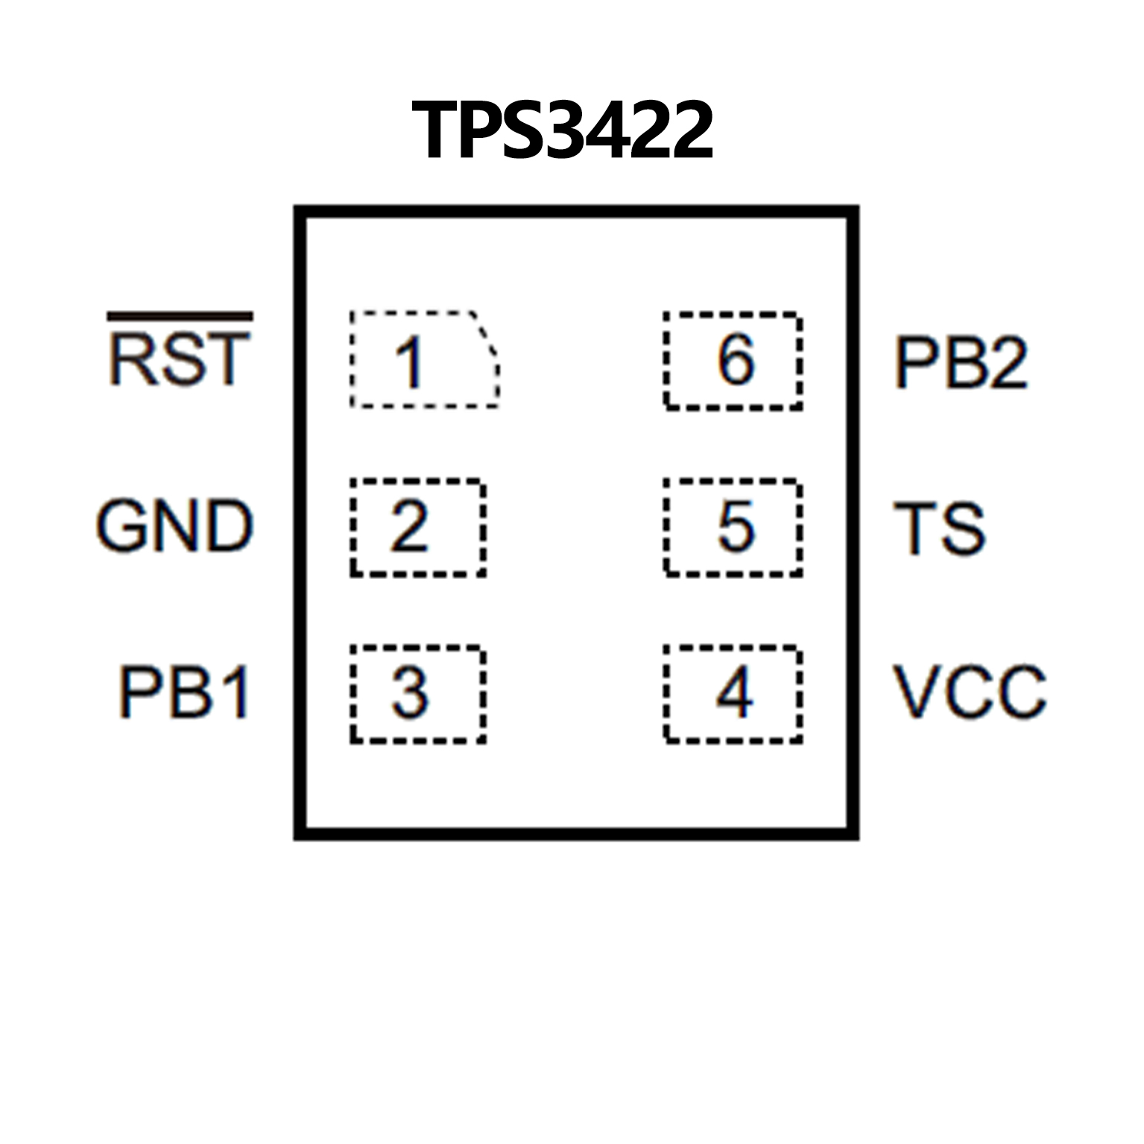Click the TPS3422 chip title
tap(563, 130)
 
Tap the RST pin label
tap(179, 359)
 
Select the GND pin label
tap(175, 526)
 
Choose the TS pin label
tap(939, 528)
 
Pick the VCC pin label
tap(970, 692)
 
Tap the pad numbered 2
tap(418, 527)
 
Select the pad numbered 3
tap(418, 693)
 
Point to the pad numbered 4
tap(733, 693)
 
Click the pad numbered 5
tap(733, 527)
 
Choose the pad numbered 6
tap(733, 361)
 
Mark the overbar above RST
tap(180, 317)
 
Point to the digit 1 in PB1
tap(236, 692)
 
